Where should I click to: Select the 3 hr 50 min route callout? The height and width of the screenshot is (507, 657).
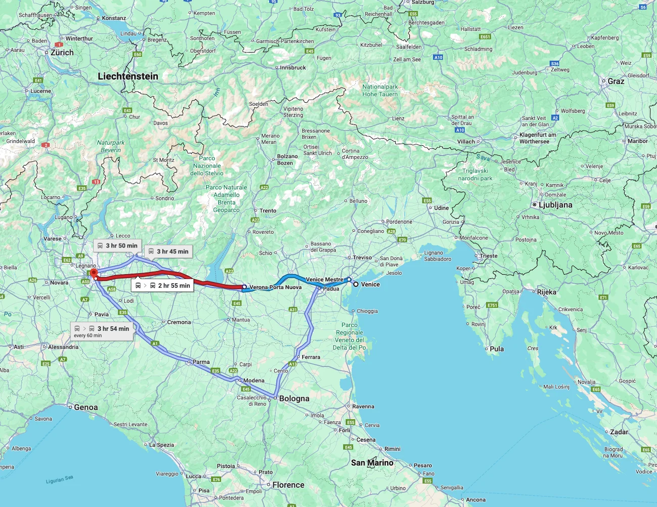117,245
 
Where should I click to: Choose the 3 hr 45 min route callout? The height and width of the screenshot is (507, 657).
168,251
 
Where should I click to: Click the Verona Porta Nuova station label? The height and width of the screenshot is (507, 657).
275,287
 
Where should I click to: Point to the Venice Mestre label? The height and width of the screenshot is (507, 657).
324,279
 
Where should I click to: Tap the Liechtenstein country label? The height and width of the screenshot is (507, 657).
128,76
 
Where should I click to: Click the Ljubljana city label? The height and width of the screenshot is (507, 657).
555,205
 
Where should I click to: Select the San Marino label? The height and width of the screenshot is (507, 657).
372,462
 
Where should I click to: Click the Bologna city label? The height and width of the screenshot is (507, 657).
294,399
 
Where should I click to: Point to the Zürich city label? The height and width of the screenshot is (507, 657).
62,53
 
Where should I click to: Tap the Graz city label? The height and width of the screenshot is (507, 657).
616,81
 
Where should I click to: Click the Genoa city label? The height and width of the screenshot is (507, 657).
86,407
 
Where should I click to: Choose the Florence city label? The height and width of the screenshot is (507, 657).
288,485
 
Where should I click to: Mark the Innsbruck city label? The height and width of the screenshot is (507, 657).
293,67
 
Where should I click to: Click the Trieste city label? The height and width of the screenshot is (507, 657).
488,256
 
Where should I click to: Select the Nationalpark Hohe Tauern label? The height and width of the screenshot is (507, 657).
380,91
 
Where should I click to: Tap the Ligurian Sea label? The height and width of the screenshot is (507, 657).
60,480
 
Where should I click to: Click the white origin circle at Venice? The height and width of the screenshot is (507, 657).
356,284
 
